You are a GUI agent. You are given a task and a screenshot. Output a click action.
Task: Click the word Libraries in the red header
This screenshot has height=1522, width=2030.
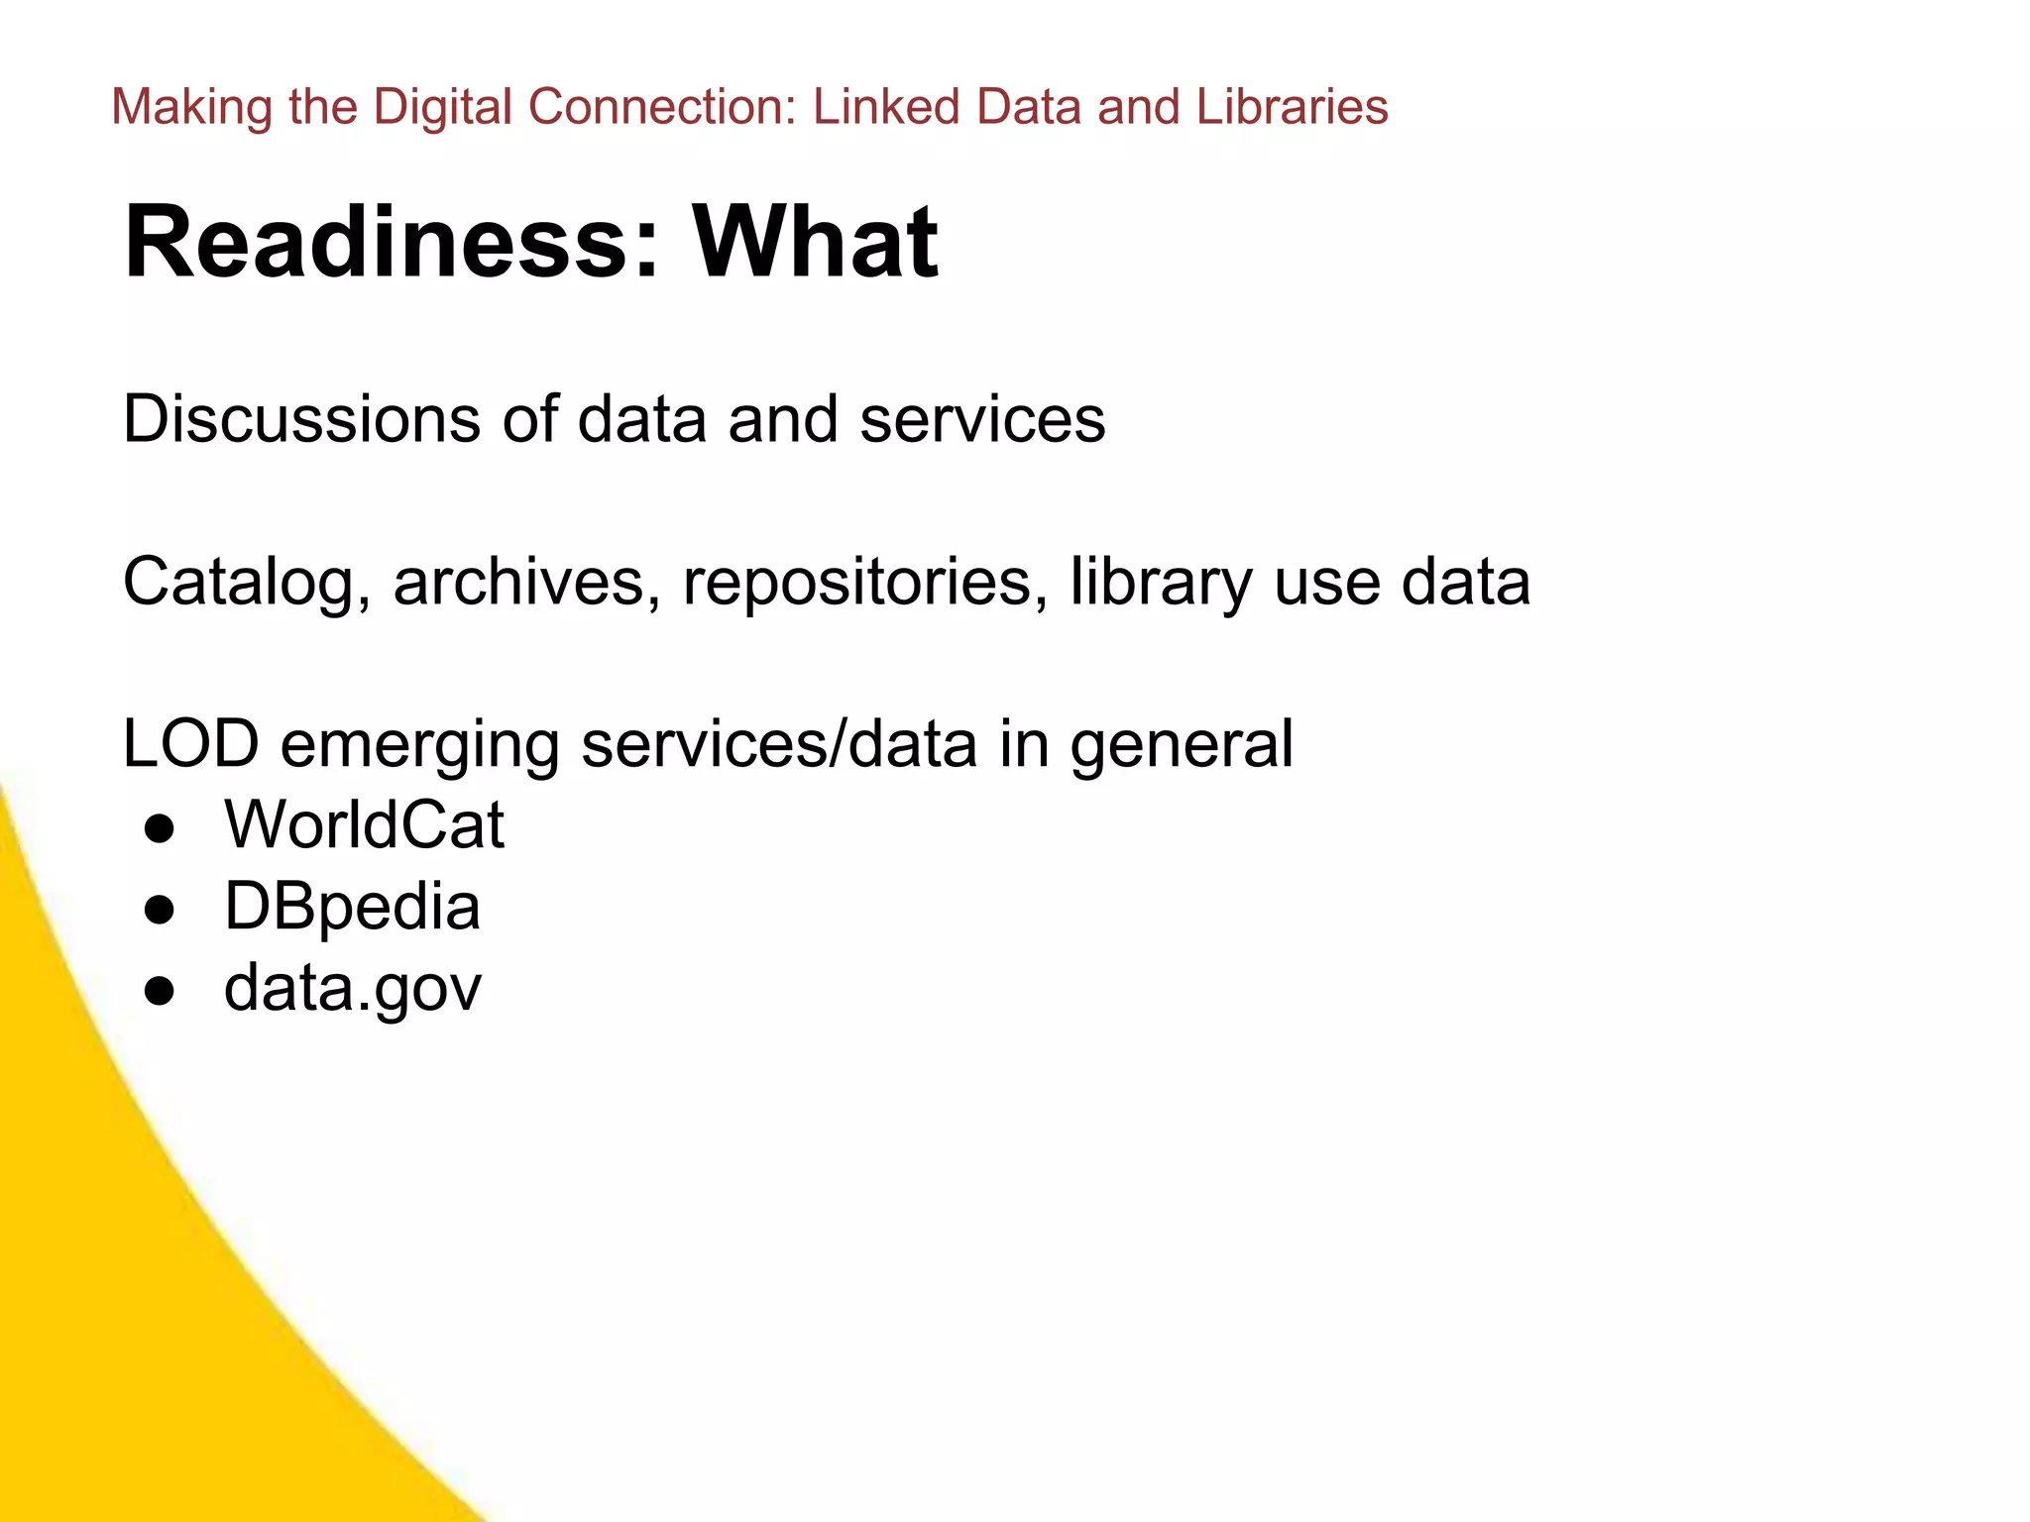coord(1292,107)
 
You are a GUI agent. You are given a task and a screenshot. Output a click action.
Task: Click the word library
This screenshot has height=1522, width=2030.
coord(1161,582)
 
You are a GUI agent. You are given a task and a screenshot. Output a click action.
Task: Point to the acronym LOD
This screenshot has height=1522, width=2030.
coord(190,744)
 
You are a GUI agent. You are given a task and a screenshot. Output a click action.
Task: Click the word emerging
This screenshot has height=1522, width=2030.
coord(420,746)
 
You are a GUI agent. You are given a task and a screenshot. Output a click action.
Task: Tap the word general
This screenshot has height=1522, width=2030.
coord(1182,746)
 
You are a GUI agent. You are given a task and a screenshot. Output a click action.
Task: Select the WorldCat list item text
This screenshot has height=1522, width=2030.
coord(364,825)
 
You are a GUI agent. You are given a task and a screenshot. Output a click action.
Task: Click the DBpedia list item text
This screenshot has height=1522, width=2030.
coord(352,908)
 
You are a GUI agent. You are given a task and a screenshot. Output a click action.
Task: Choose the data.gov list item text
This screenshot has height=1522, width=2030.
coord(352,989)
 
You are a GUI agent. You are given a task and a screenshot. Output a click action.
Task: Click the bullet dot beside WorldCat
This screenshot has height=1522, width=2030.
coord(160,828)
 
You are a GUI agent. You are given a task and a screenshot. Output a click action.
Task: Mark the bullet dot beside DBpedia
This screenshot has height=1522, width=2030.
coord(160,910)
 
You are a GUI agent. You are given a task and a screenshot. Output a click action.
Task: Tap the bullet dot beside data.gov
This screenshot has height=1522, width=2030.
coord(160,991)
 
